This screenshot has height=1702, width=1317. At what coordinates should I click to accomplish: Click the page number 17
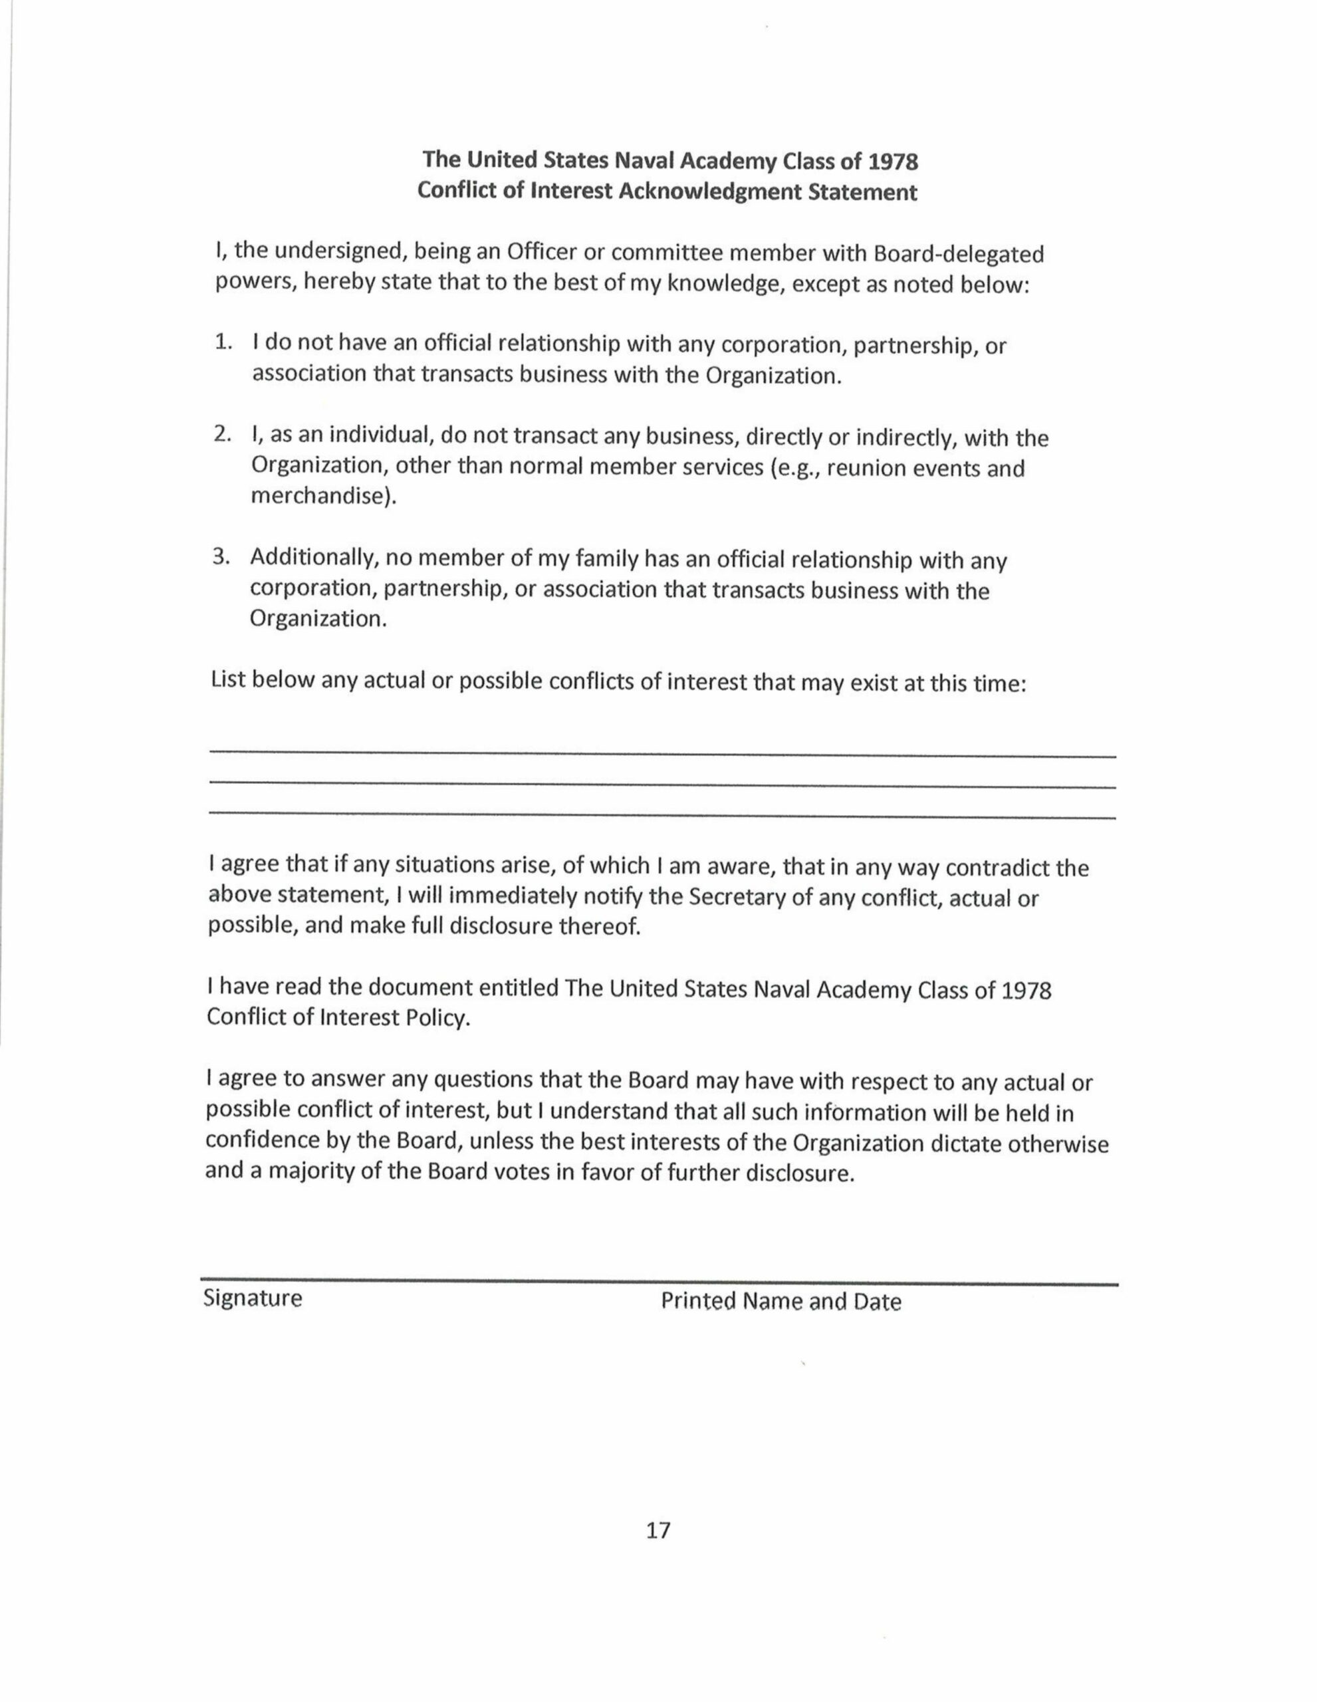click(x=658, y=1530)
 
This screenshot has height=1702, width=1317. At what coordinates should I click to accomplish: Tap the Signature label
click(x=253, y=1298)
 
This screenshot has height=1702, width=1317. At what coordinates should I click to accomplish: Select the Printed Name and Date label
click(x=781, y=1302)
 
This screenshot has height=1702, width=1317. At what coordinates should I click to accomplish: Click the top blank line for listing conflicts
click(x=662, y=753)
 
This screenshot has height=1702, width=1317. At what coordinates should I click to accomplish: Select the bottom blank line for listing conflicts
click(x=662, y=816)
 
